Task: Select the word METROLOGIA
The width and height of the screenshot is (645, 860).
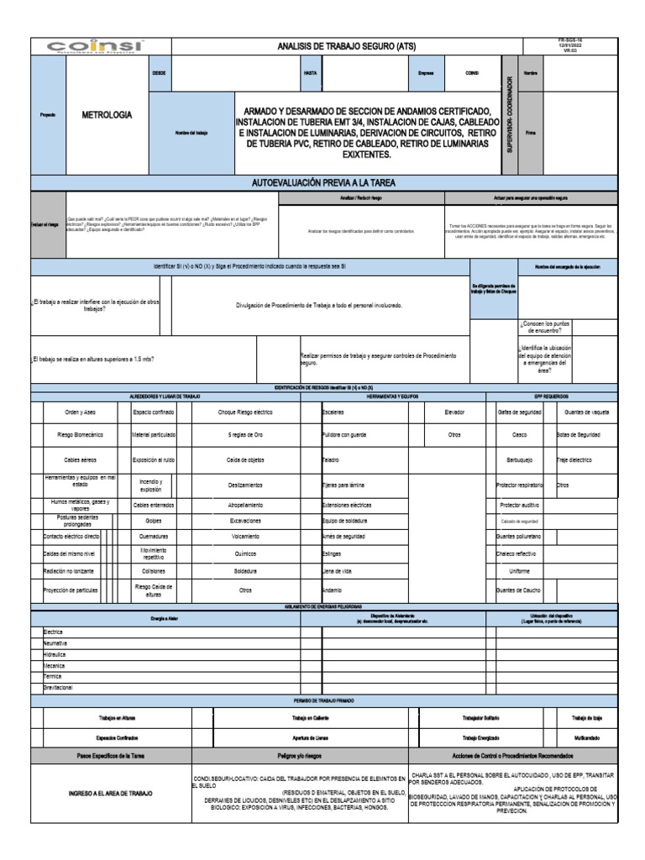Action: pos(106,115)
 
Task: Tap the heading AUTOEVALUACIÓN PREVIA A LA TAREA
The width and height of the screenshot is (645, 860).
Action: pos(323,182)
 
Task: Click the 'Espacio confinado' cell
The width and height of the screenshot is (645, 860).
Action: pos(155,412)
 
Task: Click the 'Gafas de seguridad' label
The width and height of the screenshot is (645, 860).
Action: pos(519,412)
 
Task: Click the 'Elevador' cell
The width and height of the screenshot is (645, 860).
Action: pos(454,412)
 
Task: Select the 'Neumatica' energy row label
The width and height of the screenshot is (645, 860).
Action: pos(55,642)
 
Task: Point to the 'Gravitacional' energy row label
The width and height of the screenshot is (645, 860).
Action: pos(59,687)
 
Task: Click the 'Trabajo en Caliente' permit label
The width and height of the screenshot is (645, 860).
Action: pos(310,718)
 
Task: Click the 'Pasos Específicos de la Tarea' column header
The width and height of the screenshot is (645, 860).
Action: pos(111,756)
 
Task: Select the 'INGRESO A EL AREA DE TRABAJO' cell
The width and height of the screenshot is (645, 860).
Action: pos(111,793)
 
